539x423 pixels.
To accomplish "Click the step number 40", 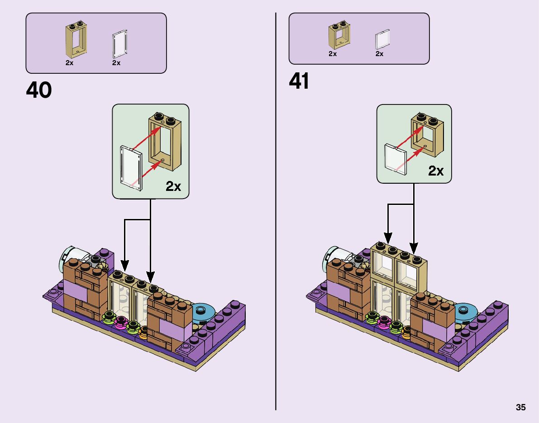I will tap(39, 90).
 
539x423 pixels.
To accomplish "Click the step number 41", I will tap(299, 81).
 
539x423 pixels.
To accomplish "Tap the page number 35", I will tap(520, 407).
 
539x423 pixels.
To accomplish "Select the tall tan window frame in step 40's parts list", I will tap(76, 38).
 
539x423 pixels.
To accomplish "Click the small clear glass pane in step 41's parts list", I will tap(382, 39).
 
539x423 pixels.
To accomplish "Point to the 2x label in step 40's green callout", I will tap(173, 186).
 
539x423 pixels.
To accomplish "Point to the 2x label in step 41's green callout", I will tap(436, 171).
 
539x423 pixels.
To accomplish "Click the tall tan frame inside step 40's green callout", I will tap(165, 140).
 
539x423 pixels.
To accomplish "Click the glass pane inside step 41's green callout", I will tap(393, 158).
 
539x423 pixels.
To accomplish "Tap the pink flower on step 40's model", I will tap(121, 322).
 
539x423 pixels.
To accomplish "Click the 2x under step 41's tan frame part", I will tap(333, 54).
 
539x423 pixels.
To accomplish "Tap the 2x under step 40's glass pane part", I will tap(116, 63).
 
